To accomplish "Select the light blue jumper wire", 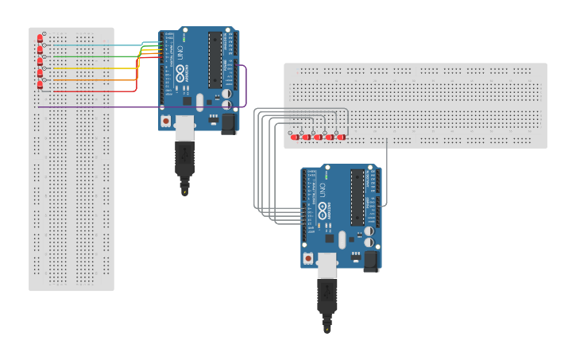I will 95,45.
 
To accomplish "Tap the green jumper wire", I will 95,56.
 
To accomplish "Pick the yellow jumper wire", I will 95,68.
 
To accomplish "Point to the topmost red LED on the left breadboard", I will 40,38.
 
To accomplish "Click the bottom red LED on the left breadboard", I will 40,84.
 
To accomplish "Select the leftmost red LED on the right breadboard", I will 295,137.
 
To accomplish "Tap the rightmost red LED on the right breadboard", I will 341,137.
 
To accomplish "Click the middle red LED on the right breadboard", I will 318,137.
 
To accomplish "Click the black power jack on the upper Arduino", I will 229,123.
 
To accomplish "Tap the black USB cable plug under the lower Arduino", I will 327,296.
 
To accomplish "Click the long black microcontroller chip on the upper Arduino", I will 215,60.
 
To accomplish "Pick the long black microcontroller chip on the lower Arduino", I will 358,197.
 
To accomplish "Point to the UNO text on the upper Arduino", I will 180,54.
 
